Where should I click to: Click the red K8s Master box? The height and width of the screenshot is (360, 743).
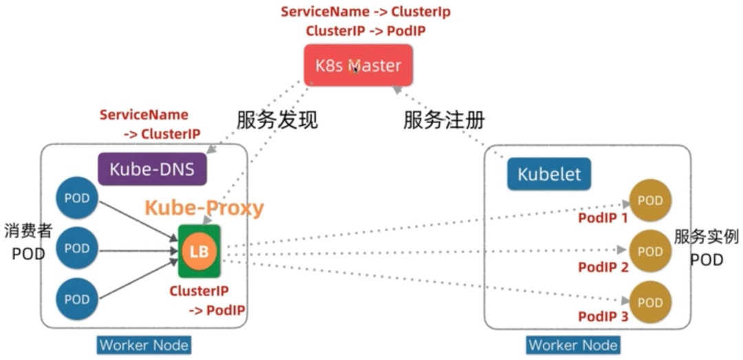coord(358,65)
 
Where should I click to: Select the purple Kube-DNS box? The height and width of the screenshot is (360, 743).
coord(152,169)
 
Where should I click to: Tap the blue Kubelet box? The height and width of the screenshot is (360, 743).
coord(549,174)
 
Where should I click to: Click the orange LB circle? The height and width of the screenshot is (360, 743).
coord(199,251)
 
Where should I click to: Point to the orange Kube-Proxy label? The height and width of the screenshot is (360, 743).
coord(204,208)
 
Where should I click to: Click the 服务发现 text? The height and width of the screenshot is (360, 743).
coord(277,120)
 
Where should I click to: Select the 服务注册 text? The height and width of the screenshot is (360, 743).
coord(444,120)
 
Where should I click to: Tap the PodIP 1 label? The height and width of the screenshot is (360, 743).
coord(603,218)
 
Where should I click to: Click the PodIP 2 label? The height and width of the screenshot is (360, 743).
coord(603,268)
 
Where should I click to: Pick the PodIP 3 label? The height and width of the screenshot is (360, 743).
coord(603,317)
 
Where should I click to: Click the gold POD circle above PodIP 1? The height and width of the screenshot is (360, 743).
coord(650,200)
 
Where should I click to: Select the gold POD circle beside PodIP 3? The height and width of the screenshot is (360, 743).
coord(650,302)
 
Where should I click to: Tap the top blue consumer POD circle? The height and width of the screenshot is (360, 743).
coord(77,198)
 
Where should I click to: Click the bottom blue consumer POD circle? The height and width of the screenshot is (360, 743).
coord(77,299)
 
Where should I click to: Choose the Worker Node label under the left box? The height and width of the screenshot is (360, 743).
coord(144,345)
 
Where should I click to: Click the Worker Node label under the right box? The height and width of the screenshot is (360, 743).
coord(573,345)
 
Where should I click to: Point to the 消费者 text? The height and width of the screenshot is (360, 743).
coord(28,231)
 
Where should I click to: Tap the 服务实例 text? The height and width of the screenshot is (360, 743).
coord(707,236)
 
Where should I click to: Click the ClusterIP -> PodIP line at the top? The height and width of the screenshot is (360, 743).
coord(365,31)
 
